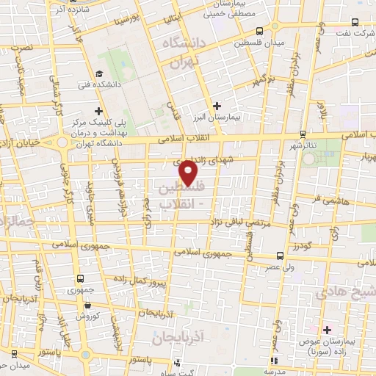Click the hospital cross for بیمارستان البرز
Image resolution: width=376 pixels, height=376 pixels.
coord(217,106)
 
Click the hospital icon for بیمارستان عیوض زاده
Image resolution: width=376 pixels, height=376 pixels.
coord(327,330)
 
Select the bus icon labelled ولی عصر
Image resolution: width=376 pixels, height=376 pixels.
coord(279,256)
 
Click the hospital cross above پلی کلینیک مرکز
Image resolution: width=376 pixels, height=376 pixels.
coord(98,110)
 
